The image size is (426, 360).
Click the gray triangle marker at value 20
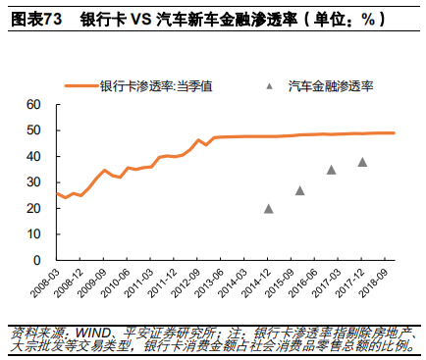[x=269, y=208]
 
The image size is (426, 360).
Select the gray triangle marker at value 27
[x=300, y=190]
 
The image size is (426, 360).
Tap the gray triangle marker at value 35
[x=332, y=169]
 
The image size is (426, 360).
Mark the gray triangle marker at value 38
[x=363, y=162]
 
